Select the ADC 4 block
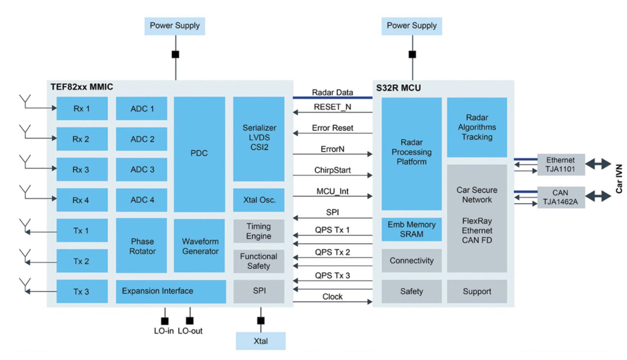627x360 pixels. tap(141, 200)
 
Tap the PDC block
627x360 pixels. tap(199, 154)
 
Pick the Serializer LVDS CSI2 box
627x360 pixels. tap(259, 138)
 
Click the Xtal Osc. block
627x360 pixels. tap(259, 200)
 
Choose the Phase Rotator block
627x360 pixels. tap(141, 246)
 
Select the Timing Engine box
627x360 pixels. tap(259, 231)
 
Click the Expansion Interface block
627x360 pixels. tap(170, 291)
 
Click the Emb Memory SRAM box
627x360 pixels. tap(411, 229)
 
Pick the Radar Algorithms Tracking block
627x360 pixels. tap(477, 127)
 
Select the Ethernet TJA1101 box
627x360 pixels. tap(561, 165)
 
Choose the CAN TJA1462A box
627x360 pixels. tap(561, 197)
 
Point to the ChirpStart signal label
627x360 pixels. tap(332, 170)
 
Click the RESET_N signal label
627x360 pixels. tap(332, 107)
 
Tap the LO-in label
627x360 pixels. tap(164, 331)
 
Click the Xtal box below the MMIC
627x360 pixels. tap(261, 341)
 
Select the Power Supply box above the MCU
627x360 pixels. tap(411, 26)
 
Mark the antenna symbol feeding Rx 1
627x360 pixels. tap(25, 101)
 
